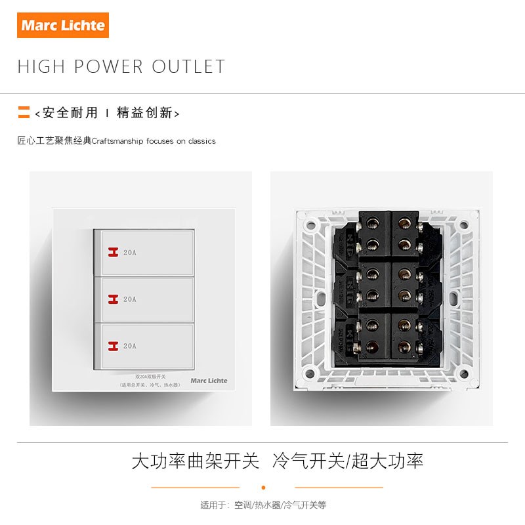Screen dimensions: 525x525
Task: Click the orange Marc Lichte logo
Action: (x=63, y=26)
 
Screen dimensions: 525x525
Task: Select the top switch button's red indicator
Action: (x=112, y=252)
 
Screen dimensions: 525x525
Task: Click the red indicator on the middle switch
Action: (x=112, y=299)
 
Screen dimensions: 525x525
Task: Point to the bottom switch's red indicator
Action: (x=112, y=346)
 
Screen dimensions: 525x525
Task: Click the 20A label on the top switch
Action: (x=129, y=252)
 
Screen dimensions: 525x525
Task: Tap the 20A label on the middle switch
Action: (x=129, y=299)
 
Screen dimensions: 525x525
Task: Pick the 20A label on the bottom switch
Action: (x=129, y=346)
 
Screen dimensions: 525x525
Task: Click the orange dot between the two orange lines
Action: (x=263, y=488)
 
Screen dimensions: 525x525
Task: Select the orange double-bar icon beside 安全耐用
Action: (x=24, y=112)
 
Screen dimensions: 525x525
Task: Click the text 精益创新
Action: (x=144, y=113)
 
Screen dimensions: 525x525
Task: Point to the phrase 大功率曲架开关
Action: (x=196, y=460)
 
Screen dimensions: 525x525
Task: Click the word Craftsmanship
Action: (x=119, y=141)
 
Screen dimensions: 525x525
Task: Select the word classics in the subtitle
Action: (x=201, y=141)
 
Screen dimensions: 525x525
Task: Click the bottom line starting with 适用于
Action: (x=263, y=505)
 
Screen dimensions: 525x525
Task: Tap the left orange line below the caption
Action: (x=196, y=488)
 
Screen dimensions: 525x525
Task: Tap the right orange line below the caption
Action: (x=339, y=488)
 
